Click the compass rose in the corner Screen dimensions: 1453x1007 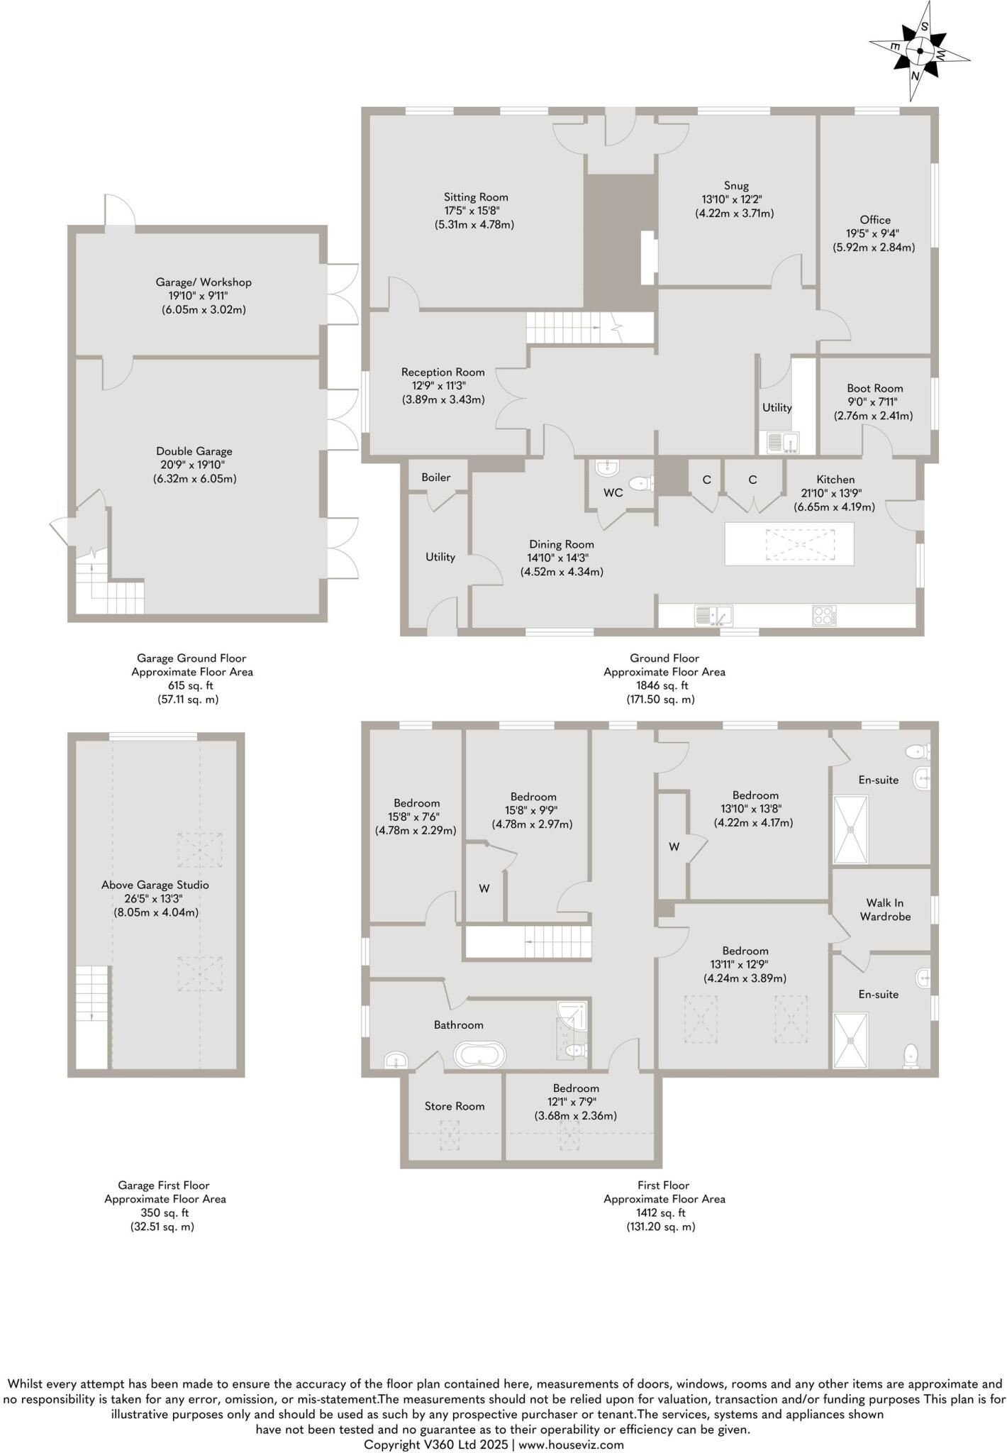pyautogui.click(x=920, y=51)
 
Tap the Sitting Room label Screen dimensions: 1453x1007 pyautogui.click(x=476, y=197)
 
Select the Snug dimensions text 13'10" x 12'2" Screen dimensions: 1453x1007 pyautogui.click(x=734, y=199)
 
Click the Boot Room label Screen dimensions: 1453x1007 pyautogui.click(x=874, y=388)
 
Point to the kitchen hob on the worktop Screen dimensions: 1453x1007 pyautogui.click(x=824, y=615)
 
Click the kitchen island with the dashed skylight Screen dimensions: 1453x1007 pyautogui.click(x=789, y=544)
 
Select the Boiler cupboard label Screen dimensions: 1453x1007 pyautogui.click(x=435, y=477)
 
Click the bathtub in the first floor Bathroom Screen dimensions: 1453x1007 pyautogui.click(x=480, y=1055)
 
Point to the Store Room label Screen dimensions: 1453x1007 pyautogui.click(x=455, y=1106)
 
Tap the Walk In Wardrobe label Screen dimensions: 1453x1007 pyautogui.click(x=884, y=910)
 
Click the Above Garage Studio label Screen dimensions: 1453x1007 pyautogui.click(x=155, y=885)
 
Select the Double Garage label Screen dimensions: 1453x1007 pyautogui.click(x=194, y=451)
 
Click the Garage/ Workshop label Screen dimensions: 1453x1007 pyautogui.click(x=204, y=282)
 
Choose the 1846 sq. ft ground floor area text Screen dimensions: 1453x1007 pyautogui.click(x=664, y=685)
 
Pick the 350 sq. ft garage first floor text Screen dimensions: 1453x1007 pyautogui.click(x=165, y=1212)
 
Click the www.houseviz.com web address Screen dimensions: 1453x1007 pyautogui.click(x=572, y=1444)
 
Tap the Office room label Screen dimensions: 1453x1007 pyautogui.click(x=874, y=220)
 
